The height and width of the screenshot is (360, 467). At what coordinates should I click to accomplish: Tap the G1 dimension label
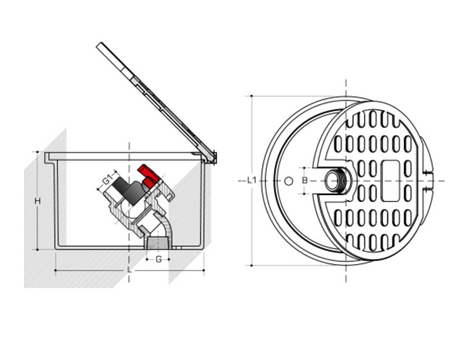point(107,180)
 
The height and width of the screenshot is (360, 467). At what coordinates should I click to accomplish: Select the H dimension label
point(37,201)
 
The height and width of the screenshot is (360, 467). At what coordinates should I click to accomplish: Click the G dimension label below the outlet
point(158,259)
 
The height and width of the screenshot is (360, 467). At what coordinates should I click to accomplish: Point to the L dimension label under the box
point(130,270)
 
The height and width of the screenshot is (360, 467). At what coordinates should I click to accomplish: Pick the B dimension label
point(304,180)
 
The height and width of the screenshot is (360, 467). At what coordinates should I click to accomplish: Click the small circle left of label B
point(289,181)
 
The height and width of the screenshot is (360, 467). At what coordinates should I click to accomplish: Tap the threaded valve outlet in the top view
point(336,181)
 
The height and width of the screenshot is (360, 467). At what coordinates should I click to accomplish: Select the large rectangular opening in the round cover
point(391,181)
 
